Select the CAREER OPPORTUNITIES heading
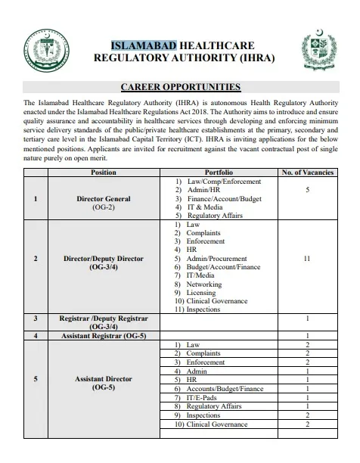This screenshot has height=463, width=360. (180, 88)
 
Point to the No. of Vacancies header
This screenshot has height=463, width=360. (307, 173)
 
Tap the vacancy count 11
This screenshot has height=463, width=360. (307, 258)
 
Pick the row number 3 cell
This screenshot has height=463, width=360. (36, 319)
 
